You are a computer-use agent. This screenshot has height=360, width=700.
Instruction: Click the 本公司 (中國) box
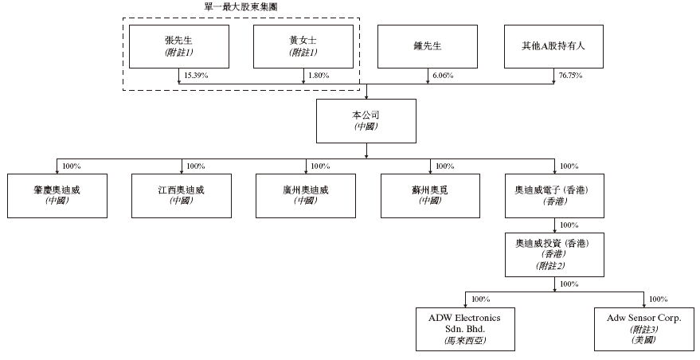click(x=366, y=120)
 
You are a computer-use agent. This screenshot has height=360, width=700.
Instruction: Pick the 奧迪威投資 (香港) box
click(x=553, y=254)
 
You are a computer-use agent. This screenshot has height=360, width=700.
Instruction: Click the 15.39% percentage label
click(x=195, y=75)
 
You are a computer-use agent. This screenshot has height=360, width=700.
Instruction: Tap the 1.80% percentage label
click(x=318, y=75)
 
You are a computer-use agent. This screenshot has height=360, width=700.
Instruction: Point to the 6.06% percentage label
click(x=442, y=75)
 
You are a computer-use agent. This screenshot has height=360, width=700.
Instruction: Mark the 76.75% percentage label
click(x=569, y=75)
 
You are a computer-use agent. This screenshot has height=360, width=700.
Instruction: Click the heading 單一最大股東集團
click(x=241, y=6)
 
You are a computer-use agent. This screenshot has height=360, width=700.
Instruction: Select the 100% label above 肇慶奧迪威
click(x=72, y=166)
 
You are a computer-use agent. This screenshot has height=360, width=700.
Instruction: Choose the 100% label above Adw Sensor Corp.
click(x=658, y=299)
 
